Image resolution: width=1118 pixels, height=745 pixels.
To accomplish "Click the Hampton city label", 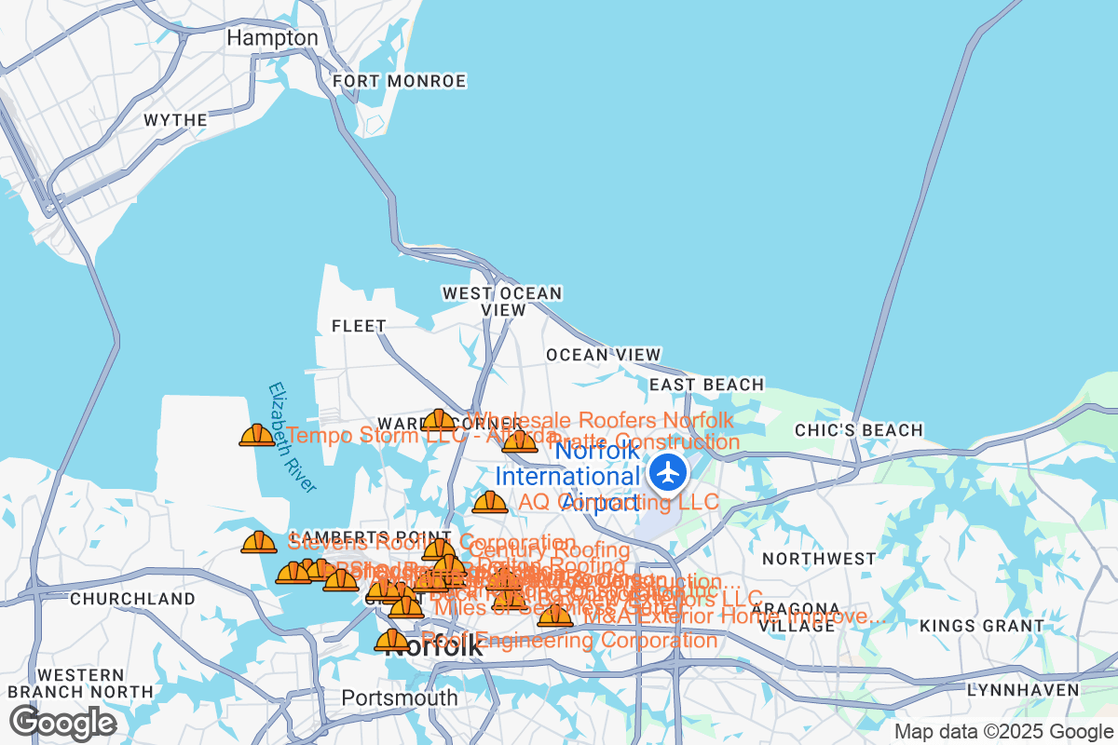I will click(273, 38).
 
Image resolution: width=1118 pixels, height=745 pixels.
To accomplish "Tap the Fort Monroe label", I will click(399, 82).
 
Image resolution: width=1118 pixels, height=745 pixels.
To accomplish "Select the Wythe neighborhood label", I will click(176, 120).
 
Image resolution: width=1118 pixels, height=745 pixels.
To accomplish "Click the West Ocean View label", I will click(502, 301).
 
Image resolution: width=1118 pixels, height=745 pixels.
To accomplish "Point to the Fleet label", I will click(359, 326).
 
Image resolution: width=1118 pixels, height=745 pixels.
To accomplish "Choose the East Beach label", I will click(706, 385).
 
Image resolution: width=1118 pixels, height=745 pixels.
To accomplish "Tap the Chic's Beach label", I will click(858, 430).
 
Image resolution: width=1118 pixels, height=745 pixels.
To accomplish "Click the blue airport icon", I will click(668, 473).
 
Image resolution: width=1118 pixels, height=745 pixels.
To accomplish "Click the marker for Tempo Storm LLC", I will click(257, 435).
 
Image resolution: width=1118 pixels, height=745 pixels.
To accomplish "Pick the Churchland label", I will click(118, 598).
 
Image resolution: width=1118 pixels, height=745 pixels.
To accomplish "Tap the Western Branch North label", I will click(80, 683).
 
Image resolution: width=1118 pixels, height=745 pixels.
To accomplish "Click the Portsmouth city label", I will click(399, 698).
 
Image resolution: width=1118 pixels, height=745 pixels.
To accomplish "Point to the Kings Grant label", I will click(983, 626).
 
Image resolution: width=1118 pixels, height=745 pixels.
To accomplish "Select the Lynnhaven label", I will click(1022, 690).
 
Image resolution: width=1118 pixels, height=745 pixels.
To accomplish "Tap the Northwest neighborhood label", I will click(819, 559).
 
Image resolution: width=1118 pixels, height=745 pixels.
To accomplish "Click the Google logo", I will click(62, 722).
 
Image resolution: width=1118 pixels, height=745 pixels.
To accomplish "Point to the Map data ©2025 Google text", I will click(1003, 732).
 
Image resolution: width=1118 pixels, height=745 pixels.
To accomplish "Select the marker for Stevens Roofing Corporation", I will click(259, 542).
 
